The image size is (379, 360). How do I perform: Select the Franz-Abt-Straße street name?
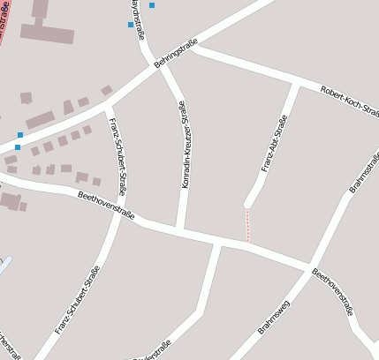coord(275,143)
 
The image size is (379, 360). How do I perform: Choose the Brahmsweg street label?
coord(276,315)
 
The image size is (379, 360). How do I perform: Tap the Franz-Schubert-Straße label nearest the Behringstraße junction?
coord(119,149)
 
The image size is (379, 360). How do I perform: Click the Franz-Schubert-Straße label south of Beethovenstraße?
coord(78,300)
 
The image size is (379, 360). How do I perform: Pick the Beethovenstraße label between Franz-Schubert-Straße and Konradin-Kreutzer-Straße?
coord(106,205)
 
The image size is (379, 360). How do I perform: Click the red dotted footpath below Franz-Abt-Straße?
coord(247,224)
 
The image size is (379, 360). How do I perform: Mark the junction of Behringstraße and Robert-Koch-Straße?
coord(193,48)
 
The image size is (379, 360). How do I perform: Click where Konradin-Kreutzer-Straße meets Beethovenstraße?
coord(180,231)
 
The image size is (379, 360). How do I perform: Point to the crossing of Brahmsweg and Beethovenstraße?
coord(308,266)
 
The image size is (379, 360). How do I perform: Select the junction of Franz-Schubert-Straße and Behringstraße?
coord(108,103)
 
